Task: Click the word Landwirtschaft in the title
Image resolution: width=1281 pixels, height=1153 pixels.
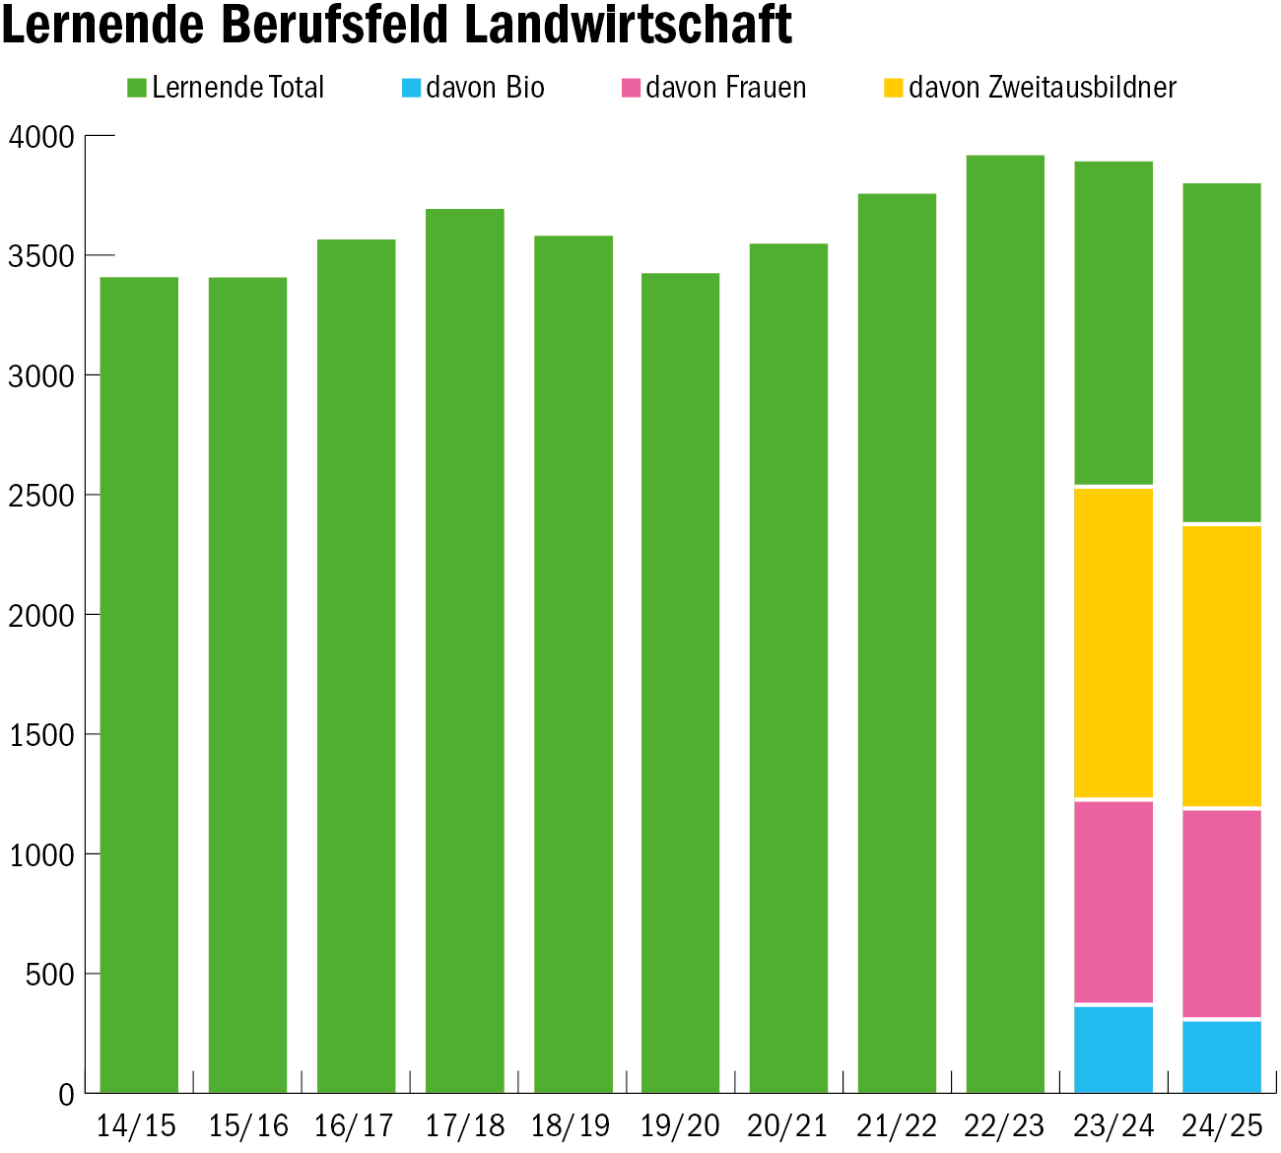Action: coord(629,26)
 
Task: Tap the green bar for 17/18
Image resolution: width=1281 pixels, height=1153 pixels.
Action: coord(464,650)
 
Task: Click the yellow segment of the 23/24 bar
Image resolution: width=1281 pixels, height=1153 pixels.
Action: coord(1113,643)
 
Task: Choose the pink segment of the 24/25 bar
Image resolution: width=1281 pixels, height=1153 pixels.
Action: coord(1222,913)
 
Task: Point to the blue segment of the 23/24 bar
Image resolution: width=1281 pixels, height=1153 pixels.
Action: coord(1113,1050)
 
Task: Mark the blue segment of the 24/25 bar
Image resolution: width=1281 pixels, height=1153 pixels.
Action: coord(1222,1056)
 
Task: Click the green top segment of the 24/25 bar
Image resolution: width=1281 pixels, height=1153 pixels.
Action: coord(1222,352)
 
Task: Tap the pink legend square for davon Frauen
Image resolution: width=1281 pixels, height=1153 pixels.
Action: coord(632,88)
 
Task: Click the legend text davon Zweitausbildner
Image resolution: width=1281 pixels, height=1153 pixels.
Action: coord(1042,88)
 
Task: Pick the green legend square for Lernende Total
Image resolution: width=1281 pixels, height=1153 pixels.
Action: coord(137,88)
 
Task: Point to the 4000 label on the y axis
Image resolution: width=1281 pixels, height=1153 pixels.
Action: coord(41,137)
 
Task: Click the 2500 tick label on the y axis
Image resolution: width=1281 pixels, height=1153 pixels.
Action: coord(41,496)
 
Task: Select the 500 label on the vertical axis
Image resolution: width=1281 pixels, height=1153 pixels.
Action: coord(49,975)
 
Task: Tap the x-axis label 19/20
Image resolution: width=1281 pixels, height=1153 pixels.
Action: coord(680,1125)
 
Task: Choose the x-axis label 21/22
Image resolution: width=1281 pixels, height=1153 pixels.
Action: coord(897,1125)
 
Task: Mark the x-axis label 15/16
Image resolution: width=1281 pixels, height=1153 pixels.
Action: coord(248,1125)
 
